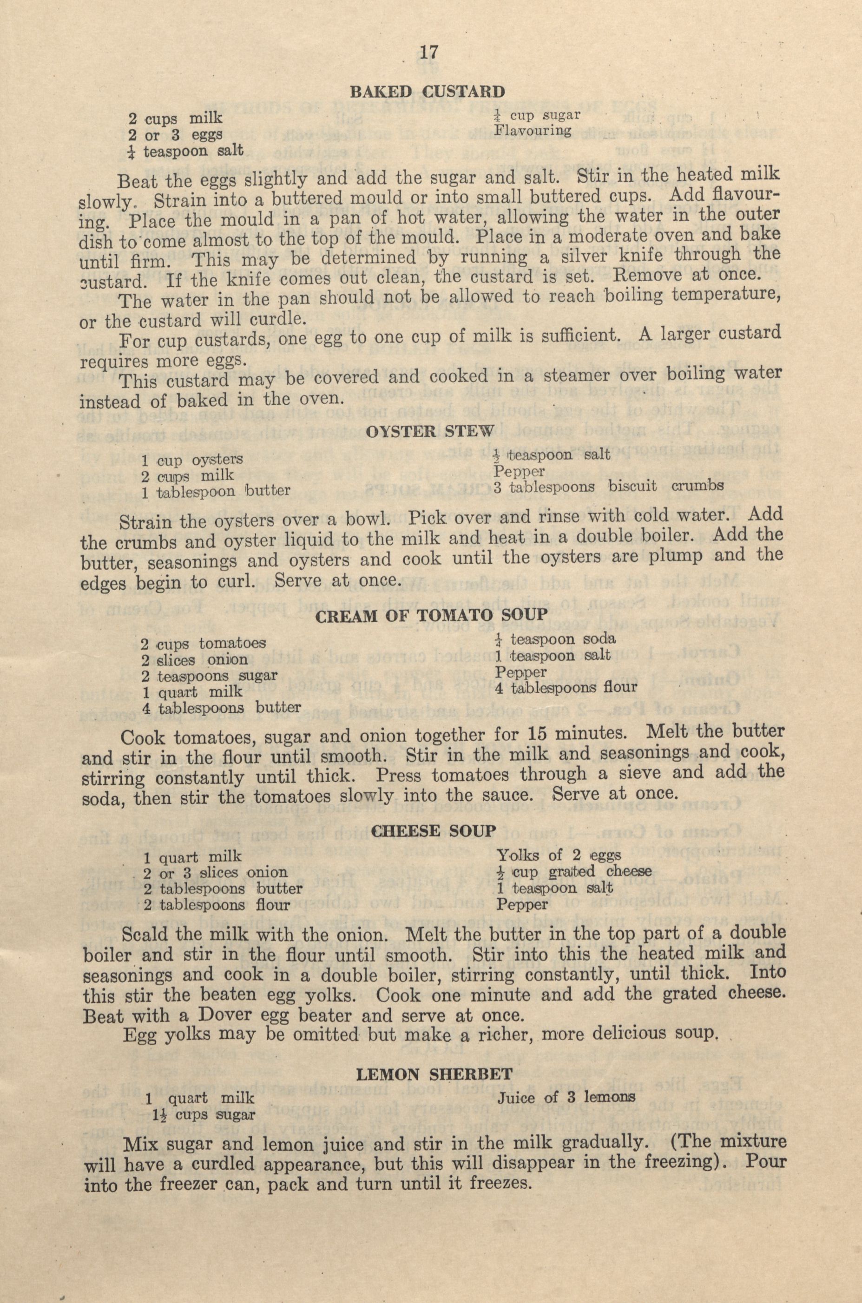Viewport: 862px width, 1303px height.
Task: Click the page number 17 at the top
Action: [428, 53]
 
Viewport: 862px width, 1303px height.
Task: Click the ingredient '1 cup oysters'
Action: [192, 459]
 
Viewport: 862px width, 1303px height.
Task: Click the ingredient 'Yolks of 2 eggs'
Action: [559, 856]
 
